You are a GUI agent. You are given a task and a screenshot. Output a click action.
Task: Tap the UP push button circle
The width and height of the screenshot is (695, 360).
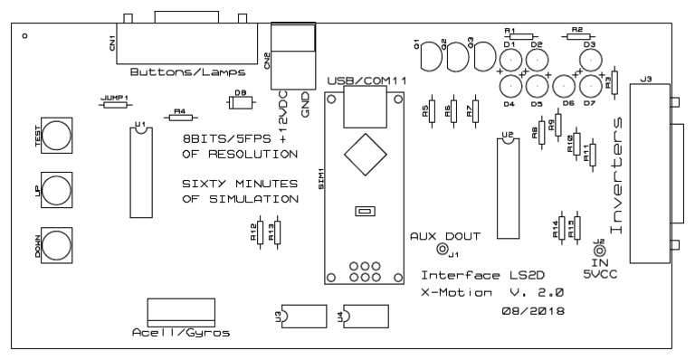[56, 191]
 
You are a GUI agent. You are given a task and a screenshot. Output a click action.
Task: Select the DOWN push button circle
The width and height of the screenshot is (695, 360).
[56, 245]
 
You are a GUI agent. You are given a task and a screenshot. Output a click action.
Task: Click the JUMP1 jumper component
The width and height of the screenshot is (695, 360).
[115, 105]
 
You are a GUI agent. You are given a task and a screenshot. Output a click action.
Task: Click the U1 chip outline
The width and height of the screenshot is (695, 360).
[140, 172]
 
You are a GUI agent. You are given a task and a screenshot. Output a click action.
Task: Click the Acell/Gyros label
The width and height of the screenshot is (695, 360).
[181, 333]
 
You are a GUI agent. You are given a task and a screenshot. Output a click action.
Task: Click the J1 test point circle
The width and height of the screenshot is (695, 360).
[443, 250]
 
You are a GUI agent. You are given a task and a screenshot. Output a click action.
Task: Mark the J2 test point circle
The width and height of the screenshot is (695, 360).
[599, 251]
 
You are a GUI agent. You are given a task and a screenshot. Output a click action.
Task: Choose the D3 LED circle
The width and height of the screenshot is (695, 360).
[590, 61]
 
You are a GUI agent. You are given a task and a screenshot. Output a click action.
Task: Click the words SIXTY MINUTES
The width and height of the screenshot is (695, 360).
[240, 183]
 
